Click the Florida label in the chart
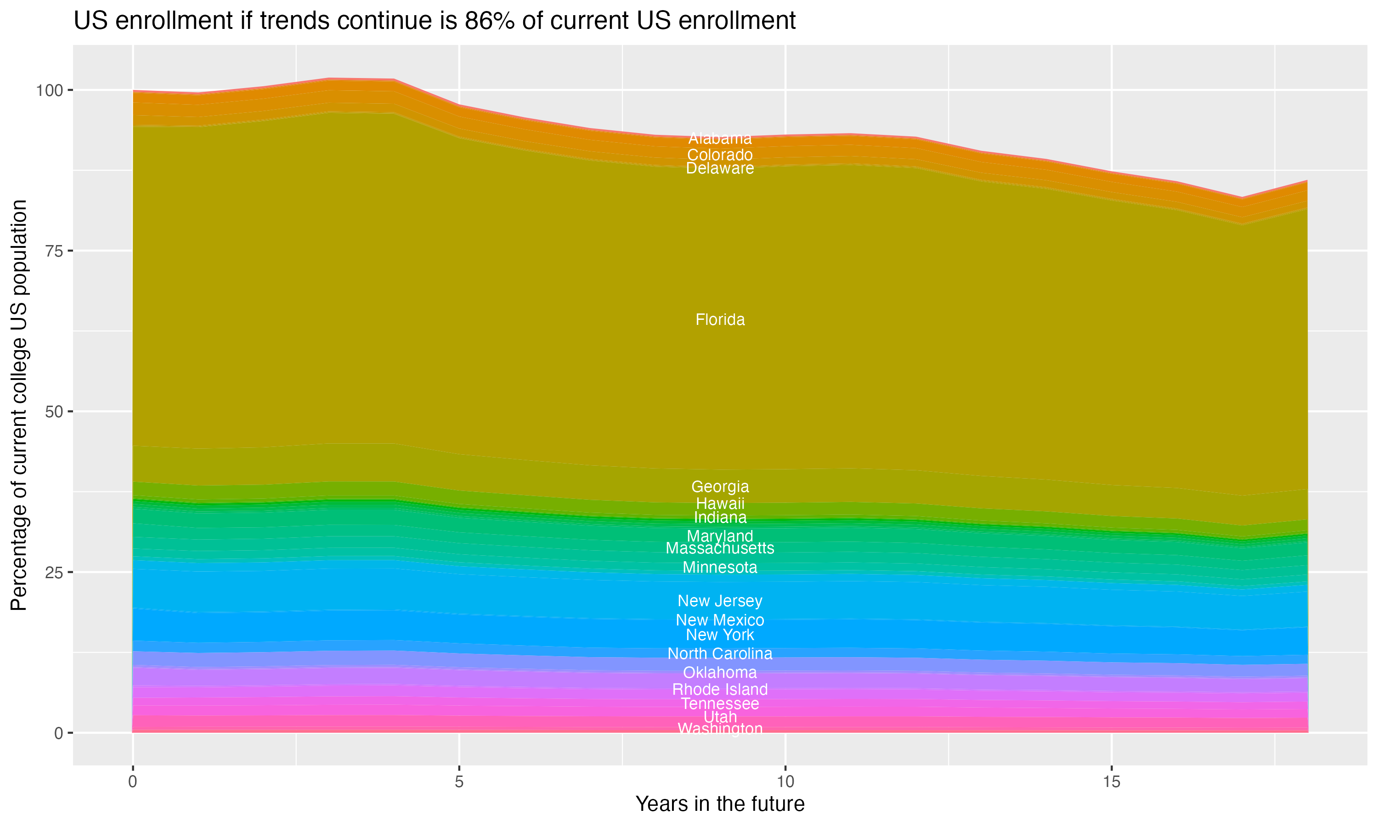[x=720, y=320]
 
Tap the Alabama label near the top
[x=720, y=138]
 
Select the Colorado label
[x=720, y=155]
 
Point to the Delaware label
[x=720, y=168]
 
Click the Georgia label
[x=720, y=486]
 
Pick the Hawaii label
[x=720, y=504]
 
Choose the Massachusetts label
[x=720, y=548]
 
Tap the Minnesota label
[x=720, y=568]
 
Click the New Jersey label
[x=720, y=601]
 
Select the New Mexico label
[x=720, y=620]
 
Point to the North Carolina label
[x=720, y=653]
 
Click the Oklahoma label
[x=720, y=672]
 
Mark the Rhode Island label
[x=720, y=690]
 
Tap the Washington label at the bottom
[x=720, y=729]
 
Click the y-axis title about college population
[x=19, y=405]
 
